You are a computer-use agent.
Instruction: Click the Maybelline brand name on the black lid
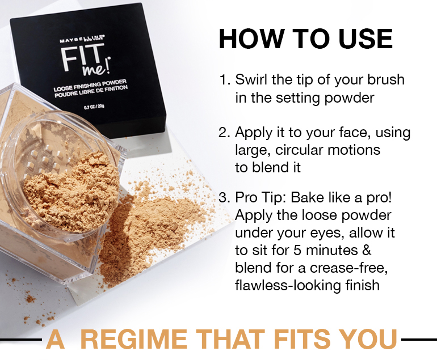pyautogui.click(x=82, y=39)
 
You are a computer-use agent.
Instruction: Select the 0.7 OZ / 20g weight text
pyautogui.click(x=94, y=107)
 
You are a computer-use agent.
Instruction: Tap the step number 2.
pyautogui.click(x=224, y=133)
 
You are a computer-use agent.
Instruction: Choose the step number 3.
pyautogui.click(x=224, y=198)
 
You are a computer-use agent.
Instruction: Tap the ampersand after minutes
pyautogui.click(x=367, y=250)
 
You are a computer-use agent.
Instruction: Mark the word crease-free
pyautogui.click(x=348, y=268)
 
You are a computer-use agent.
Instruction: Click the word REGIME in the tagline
pyautogui.click(x=133, y=339)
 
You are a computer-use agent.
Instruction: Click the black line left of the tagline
pyautogui.click(x=20, y=340)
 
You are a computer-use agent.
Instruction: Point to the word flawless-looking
pyautogui.click(x=288, y=286)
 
